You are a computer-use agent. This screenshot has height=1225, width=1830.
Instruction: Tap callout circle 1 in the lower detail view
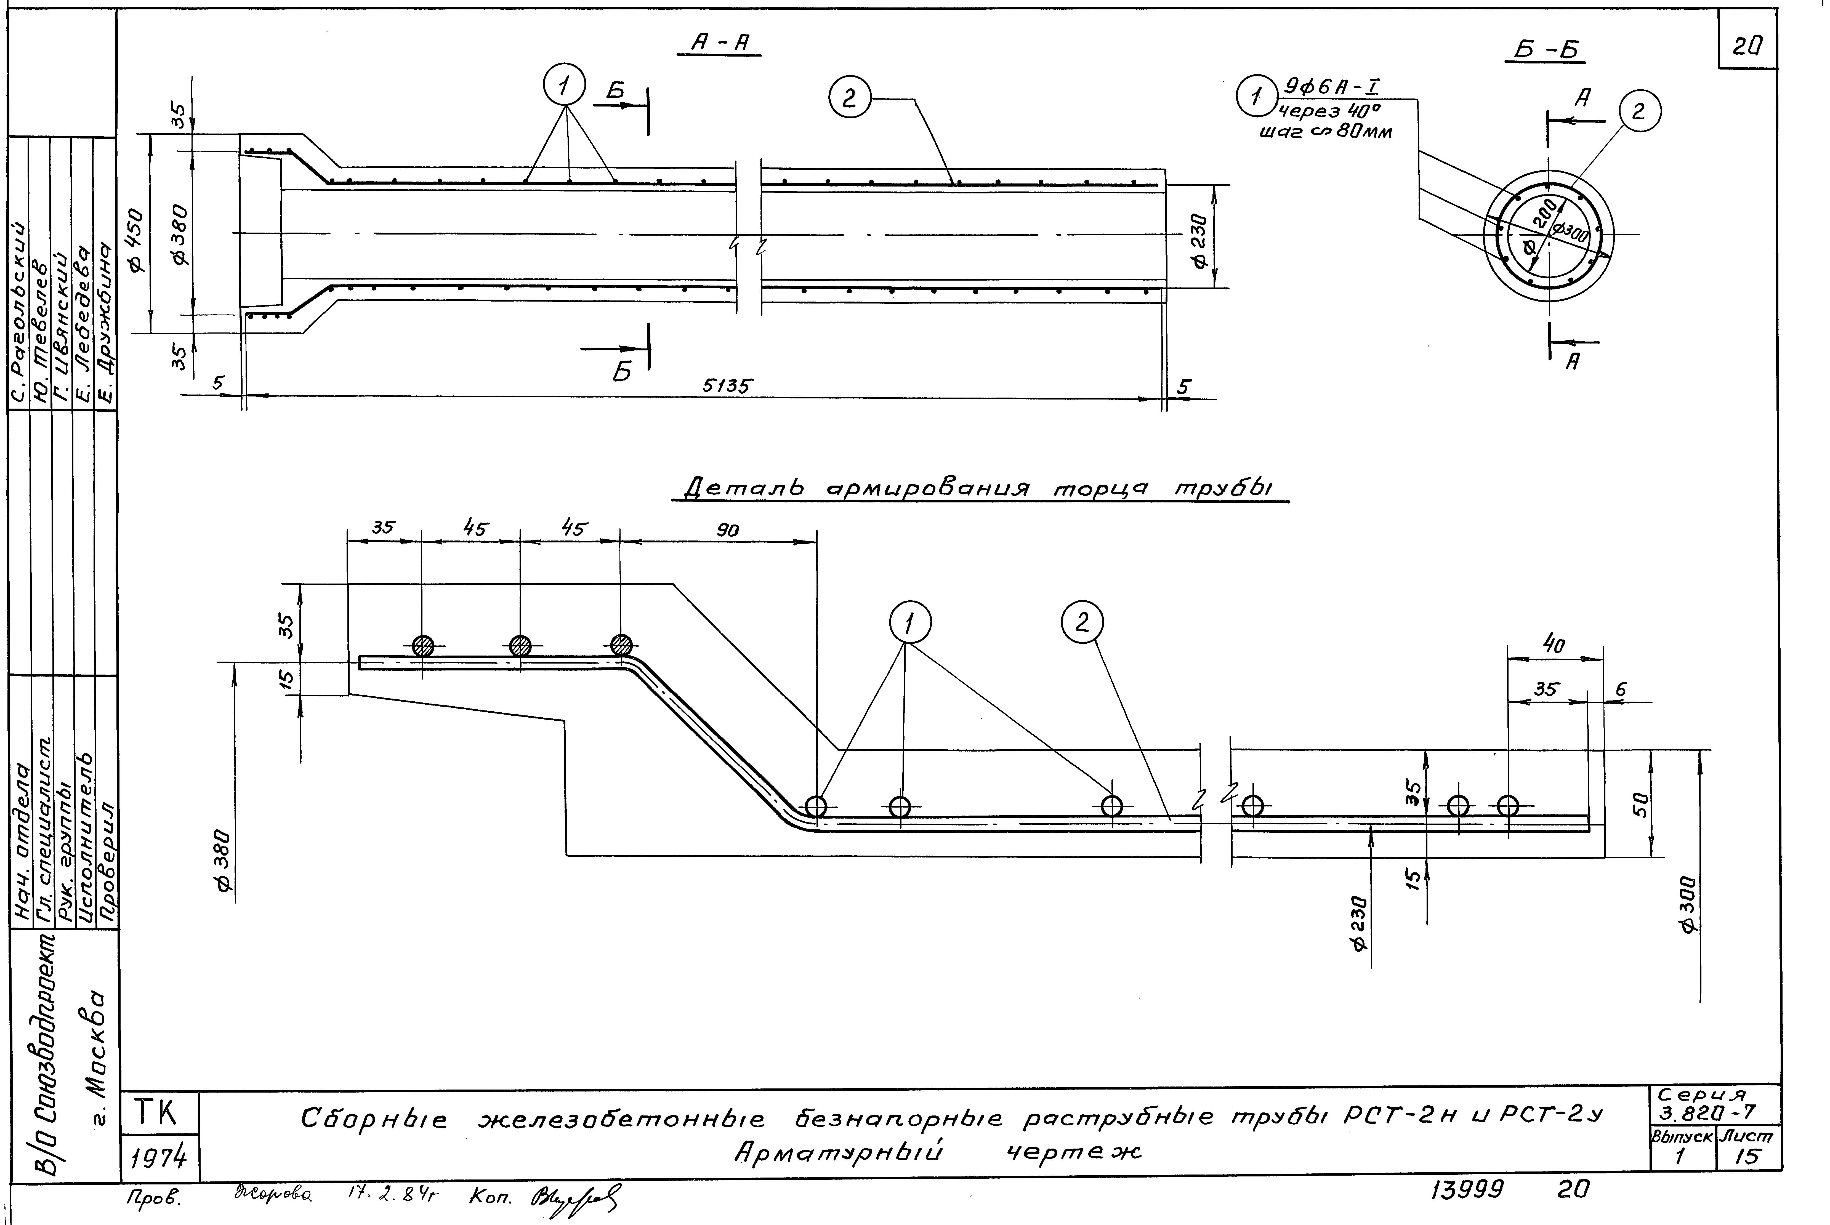909,623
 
